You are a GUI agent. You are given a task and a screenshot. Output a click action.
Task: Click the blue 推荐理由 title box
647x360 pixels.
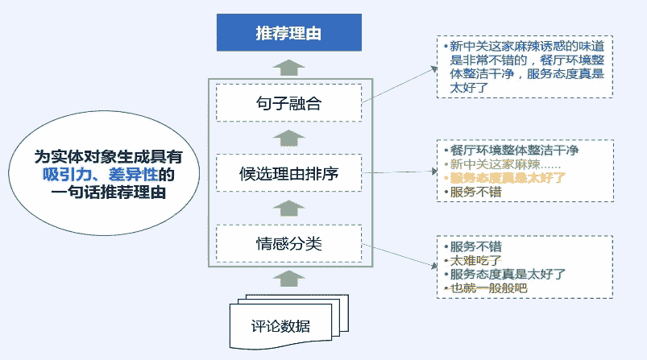(288, 33)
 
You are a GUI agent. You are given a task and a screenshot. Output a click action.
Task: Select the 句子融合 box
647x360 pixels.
(288, 104)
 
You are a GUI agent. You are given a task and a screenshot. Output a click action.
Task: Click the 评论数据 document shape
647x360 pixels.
(280, 325)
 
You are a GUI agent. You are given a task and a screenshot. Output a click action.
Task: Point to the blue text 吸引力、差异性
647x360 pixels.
(104, 175)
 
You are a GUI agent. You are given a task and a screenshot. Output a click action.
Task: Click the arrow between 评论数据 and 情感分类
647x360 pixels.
(288, 279)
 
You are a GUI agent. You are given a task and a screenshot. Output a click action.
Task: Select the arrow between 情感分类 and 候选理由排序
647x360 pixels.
(288, 208)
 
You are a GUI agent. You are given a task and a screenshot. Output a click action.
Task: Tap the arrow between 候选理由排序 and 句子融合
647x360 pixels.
(288, 138)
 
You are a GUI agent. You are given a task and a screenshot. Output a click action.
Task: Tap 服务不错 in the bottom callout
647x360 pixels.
(475, 246)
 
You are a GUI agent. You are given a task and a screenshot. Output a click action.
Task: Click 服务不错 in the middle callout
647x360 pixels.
(475, 192)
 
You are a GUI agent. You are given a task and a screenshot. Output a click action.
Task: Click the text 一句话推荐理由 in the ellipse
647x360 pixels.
(107, 192)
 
